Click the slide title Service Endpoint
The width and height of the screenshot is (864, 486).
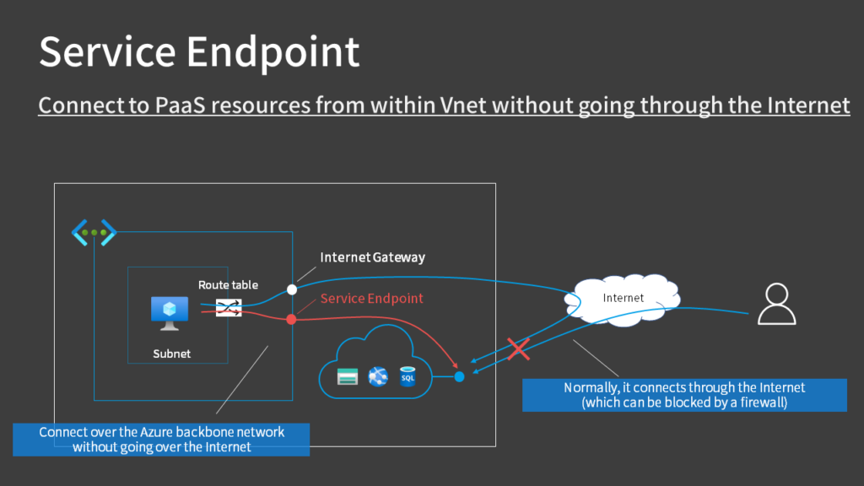[x=199, y=51]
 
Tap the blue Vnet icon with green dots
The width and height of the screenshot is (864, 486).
[x=94, y=232]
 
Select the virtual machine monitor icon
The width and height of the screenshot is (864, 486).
[x=170, y=311]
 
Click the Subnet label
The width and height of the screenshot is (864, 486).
[x=171, y=354]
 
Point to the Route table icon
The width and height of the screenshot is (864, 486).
[x=229, y=310]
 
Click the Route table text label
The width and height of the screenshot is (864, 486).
[x=228, y=285]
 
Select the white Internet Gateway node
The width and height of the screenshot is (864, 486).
[x=292, y=289]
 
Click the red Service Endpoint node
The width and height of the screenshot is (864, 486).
[x=292, y=319]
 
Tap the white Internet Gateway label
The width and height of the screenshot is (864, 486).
[x=372, y=257]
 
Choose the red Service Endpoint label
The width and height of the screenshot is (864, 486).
[x=371, y=299]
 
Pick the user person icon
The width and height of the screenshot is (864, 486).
[x=776, y=305]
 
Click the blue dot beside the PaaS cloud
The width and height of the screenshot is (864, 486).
[x=459, y=376]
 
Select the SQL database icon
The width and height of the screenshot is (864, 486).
[x=408, y=375]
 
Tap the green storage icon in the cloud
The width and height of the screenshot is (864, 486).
[x=348, y=376]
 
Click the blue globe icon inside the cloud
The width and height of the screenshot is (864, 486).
[x=377, y=376]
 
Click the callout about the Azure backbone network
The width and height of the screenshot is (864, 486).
[x=162, y=439]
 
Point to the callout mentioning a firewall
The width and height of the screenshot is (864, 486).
[x=683, y=395]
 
